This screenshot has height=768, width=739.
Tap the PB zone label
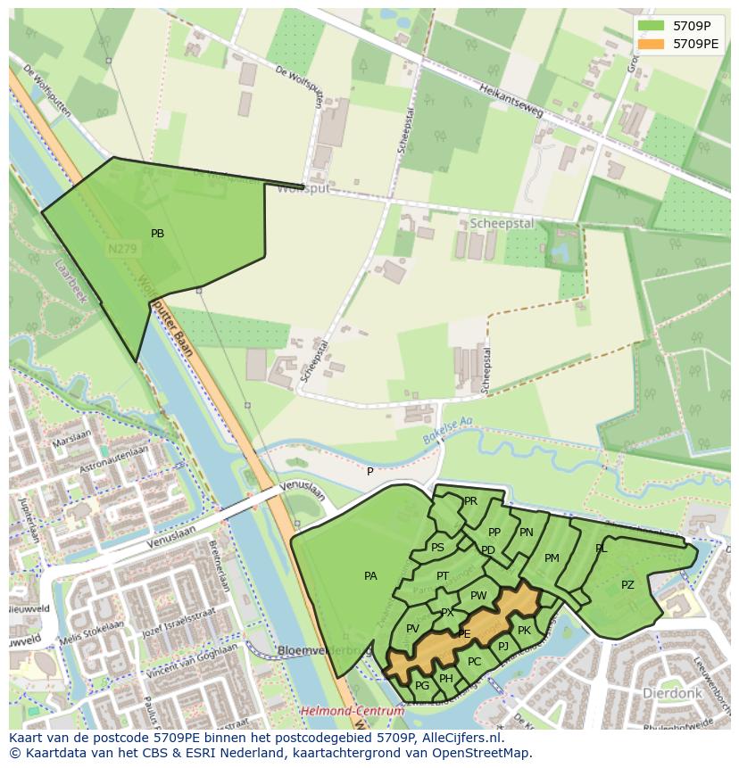157,234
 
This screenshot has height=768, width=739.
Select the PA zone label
370,576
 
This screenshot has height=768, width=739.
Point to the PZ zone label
627,585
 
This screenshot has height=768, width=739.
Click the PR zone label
470,501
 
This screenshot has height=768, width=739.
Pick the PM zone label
552,558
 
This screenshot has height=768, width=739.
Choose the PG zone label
422,685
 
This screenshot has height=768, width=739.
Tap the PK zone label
524,631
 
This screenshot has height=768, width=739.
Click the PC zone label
474,662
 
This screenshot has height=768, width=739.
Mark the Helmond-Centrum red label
352,711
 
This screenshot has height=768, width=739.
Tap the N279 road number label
122,250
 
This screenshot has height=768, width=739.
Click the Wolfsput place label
303,190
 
